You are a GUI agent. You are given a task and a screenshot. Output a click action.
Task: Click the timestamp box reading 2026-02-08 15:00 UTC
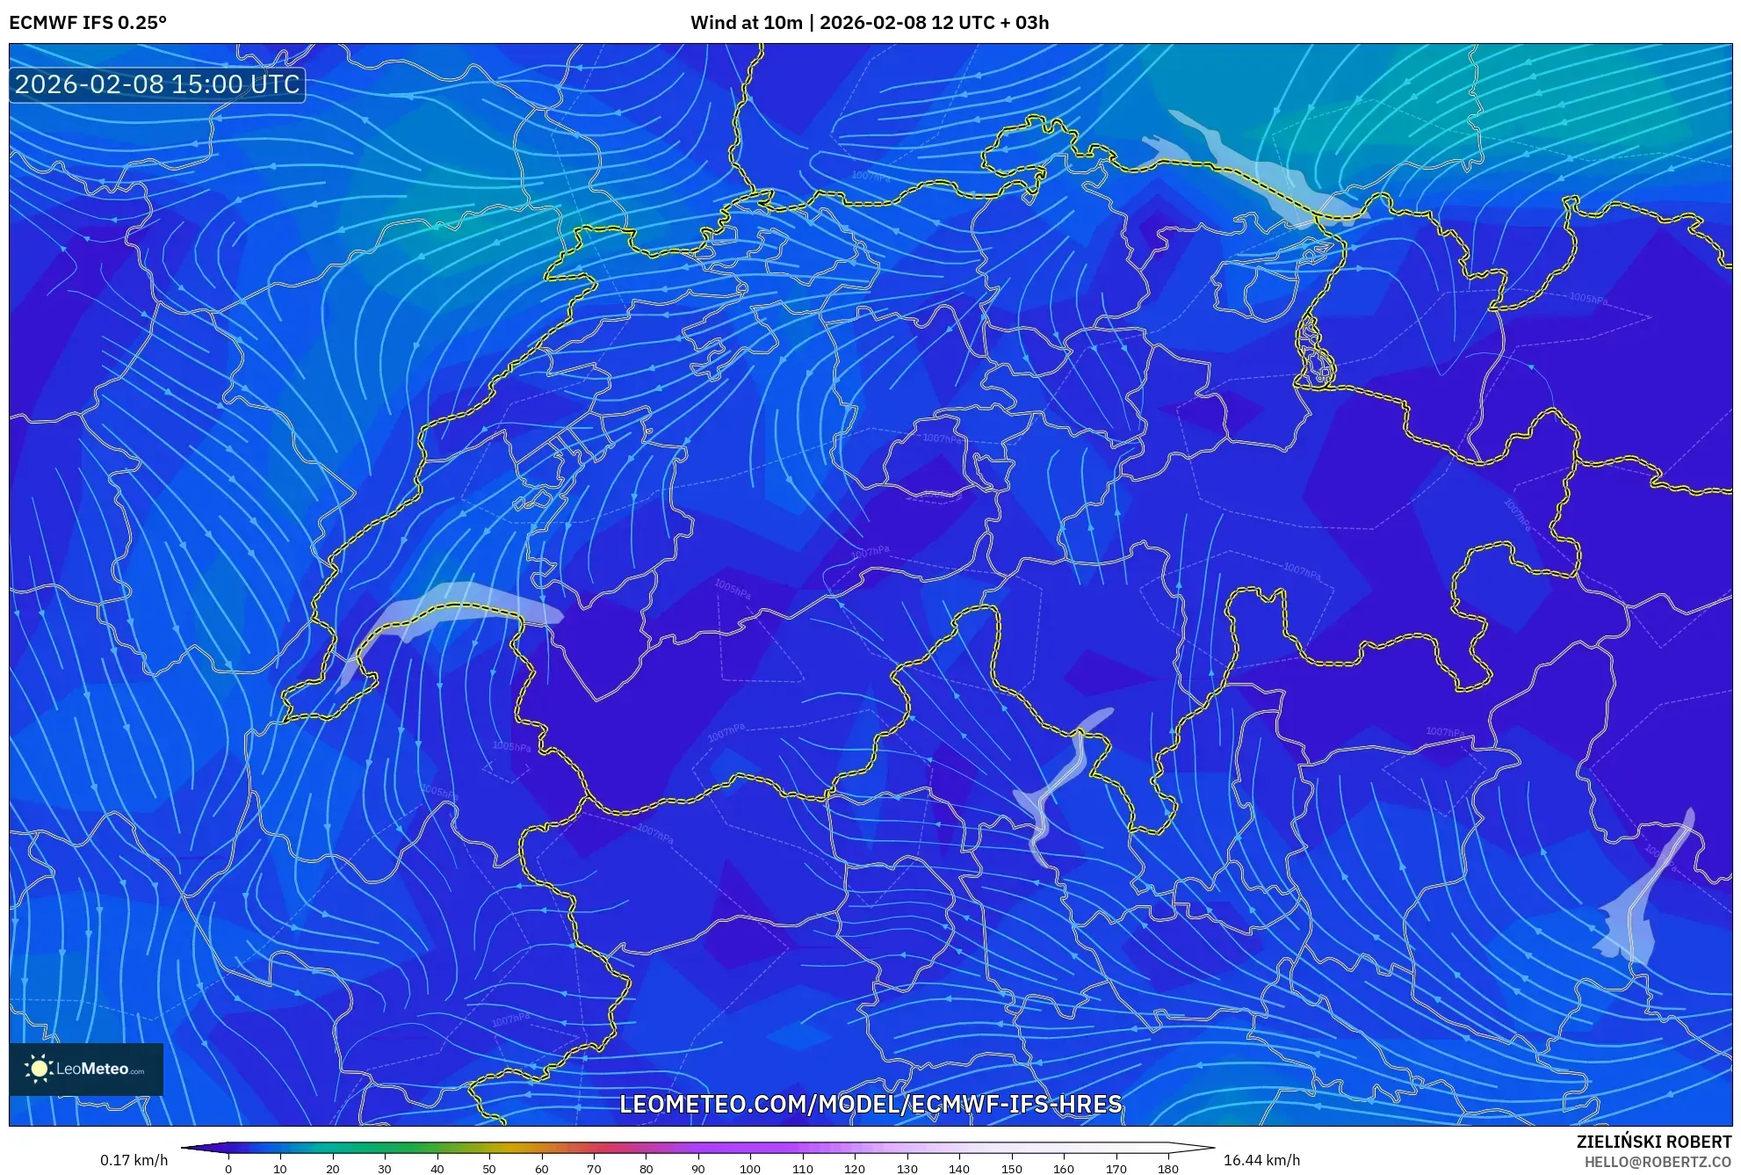pos(157,84)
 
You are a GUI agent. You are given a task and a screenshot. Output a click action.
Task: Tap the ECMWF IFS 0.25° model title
pos(88,23)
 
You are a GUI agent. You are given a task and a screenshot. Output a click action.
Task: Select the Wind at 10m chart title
pos(869,23)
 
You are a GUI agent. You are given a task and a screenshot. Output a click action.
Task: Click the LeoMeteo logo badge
pos(86,1069)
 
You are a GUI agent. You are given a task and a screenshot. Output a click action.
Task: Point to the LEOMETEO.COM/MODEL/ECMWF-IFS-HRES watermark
pos(870,1104)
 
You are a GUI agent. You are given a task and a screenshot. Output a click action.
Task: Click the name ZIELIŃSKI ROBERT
pos(1653,1142)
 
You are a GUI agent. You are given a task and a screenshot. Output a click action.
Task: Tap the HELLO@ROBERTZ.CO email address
pos(1658,1162)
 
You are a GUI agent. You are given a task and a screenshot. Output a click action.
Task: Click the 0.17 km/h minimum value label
pos(134,1160)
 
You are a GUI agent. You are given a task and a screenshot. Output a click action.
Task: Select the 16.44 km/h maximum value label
pos(1261,1160)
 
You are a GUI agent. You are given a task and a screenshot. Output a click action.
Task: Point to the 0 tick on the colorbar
pos(228,1169)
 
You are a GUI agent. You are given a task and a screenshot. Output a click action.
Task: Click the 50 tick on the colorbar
pos(489,1169)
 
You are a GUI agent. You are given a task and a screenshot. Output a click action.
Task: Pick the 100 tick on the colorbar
pos(750,1169)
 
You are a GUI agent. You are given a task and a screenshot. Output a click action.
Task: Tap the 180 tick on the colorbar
pos(1167,1169)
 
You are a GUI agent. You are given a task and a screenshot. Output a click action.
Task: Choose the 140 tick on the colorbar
pos(959,1169)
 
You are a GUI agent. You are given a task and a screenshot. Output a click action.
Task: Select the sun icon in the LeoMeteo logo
pos(39,1069)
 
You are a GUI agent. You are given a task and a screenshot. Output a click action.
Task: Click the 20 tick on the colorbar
pos(332,1169)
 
